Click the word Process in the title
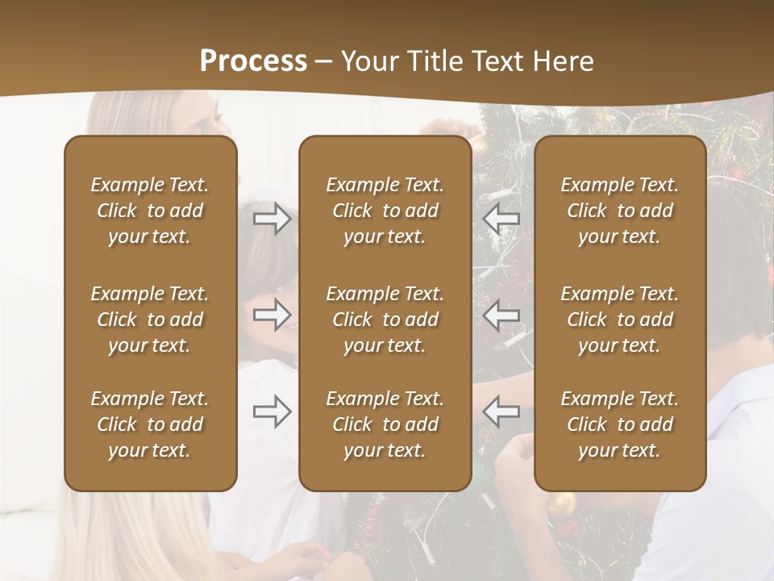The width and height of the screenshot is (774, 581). pos(253,61)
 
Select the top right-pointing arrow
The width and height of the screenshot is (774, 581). pos(272,219)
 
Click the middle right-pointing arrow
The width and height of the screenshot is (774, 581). pos(272,315)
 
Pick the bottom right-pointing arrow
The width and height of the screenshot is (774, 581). pos(272,412)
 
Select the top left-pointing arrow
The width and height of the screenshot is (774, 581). pos(501,219)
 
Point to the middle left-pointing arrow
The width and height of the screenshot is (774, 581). pos(501,315)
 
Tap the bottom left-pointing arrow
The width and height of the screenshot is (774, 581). pos(501,412)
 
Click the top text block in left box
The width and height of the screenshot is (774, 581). pos(150,211)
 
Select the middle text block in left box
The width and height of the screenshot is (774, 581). pos(150,320)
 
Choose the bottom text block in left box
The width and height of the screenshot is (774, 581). pos(150,424)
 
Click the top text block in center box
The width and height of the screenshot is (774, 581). pos(385,211)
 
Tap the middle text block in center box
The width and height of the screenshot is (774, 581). pos(385,320)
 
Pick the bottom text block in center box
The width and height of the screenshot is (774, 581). pos(385,424)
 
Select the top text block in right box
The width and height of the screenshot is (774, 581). pos(619,211)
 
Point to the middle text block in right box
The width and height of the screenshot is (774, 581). pos(619,320)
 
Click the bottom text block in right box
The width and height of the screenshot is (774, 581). pos(619,424)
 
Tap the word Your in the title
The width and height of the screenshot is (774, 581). pos(367,61)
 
